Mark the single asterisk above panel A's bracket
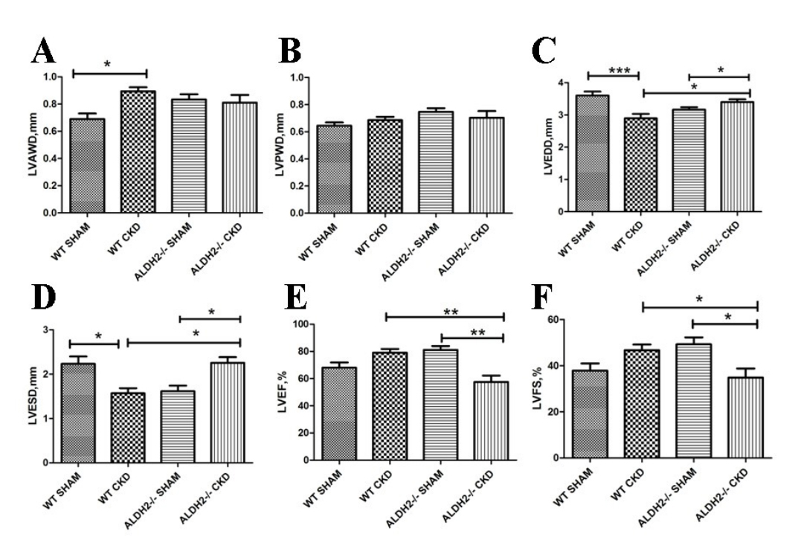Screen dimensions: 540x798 (x=108, y=65)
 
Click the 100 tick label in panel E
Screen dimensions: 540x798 (x=300, y=324)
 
